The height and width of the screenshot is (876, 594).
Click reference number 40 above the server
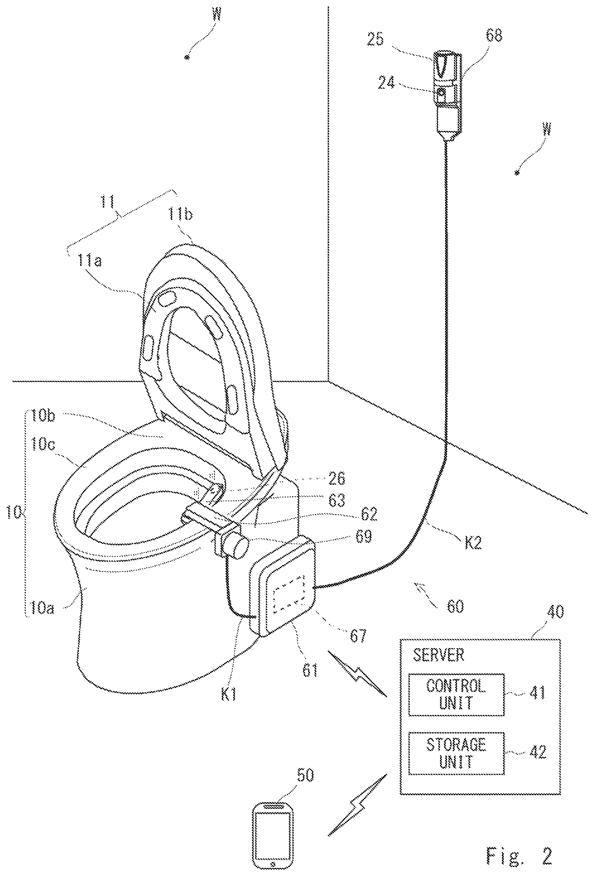[x=553, y=611]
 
